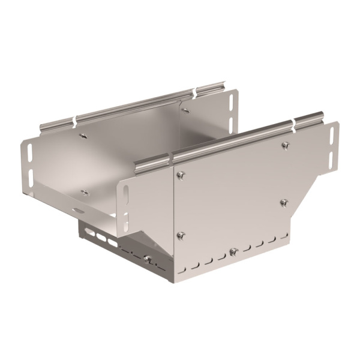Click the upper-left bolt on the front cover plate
(x=181, y=175)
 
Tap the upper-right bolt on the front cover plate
(x=286, y=145)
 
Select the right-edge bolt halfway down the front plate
(x=284, y=202)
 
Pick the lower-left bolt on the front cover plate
(x=181, y=235)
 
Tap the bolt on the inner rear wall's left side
(x=83, y=136)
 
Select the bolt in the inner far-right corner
(x=185, y=110)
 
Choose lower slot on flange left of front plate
(x=125, y=220)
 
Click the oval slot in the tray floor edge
(x=78, y=210)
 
